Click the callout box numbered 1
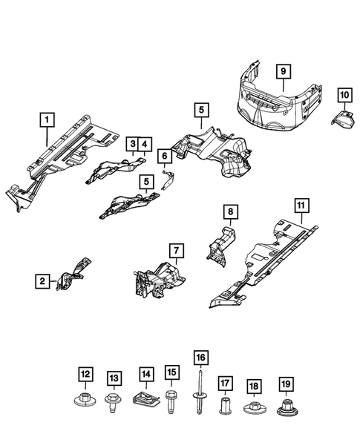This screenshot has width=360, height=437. [47, 119]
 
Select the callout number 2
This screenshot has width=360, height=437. [44, 280]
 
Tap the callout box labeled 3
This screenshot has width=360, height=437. [131, 143]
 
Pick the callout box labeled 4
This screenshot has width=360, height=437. [144, 143]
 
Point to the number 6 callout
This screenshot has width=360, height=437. [162, 155]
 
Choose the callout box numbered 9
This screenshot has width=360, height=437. [283, 71]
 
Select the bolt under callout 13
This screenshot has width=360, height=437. [114, 404]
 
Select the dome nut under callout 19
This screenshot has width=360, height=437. [284, 407]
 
